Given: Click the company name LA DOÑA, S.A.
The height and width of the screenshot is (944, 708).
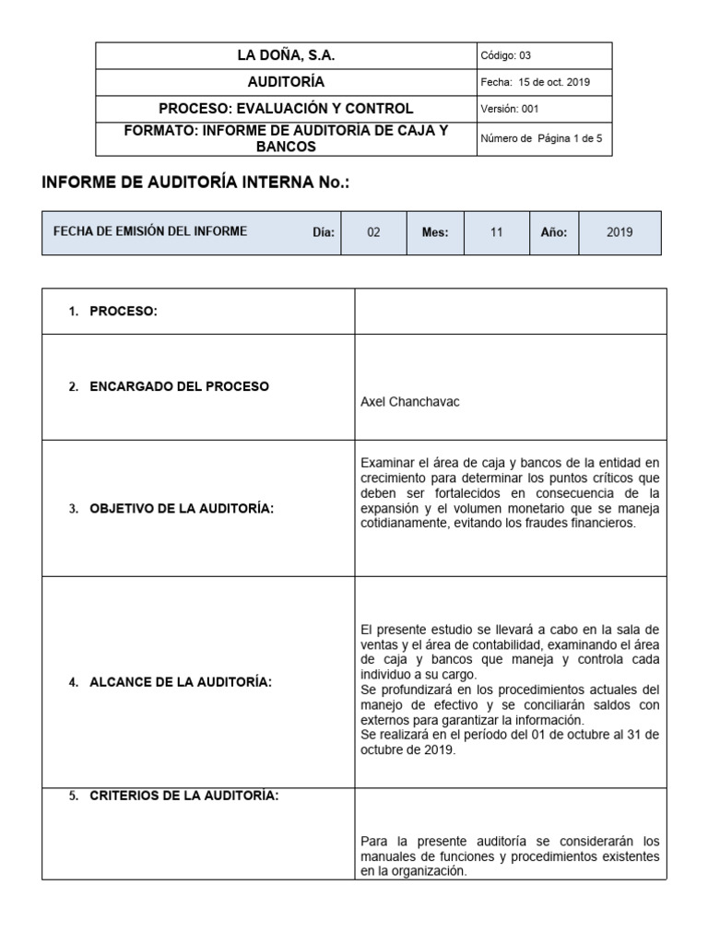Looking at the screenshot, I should tap(286, 56).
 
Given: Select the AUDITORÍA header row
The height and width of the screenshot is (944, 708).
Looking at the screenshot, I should tap(286, 82).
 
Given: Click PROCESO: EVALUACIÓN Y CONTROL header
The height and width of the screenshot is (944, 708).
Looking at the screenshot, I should tap(286, 109).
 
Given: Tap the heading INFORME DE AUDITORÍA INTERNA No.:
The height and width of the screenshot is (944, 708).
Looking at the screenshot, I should tap(196, 183).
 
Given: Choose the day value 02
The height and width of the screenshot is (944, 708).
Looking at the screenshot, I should tap(373, 233).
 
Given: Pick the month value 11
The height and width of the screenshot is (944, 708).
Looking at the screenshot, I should tap(496, 233).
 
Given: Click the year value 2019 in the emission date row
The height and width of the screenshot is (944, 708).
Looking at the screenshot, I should tap(619, 233).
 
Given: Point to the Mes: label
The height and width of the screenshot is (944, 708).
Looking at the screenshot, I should tap(435, 233).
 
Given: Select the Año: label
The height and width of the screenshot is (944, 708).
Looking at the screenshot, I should tap(553, 233).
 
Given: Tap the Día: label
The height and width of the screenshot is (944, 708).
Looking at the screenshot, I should tap(323, 233).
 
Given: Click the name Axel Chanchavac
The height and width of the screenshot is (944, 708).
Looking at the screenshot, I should tap(409, 402).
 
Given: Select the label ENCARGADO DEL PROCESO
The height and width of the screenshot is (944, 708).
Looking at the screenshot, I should tap(179, 387).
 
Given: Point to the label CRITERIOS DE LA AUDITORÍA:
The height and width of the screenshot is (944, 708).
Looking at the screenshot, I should tap(183, 797).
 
